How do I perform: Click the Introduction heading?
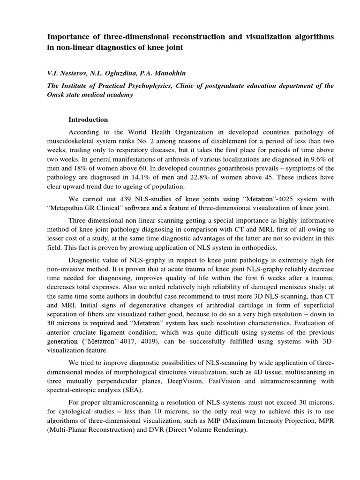(x=88, y=120)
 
